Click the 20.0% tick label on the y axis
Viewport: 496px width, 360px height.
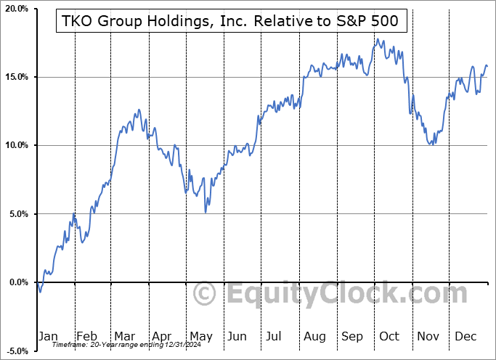coord(17,9)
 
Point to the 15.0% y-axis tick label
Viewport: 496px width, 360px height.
coord(17,77)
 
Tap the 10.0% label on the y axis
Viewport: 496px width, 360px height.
coord(17,145)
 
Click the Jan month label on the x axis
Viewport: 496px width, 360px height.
coord(47,336)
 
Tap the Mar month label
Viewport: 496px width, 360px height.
coord(123,336)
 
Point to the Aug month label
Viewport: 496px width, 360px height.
coord(315,336)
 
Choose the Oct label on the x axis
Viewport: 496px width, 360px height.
coord(389,336)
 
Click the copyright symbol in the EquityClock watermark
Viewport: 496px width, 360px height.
coord(206,294)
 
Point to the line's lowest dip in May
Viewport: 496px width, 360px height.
coord(206,212)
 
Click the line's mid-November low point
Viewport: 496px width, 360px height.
coord(432,144)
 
